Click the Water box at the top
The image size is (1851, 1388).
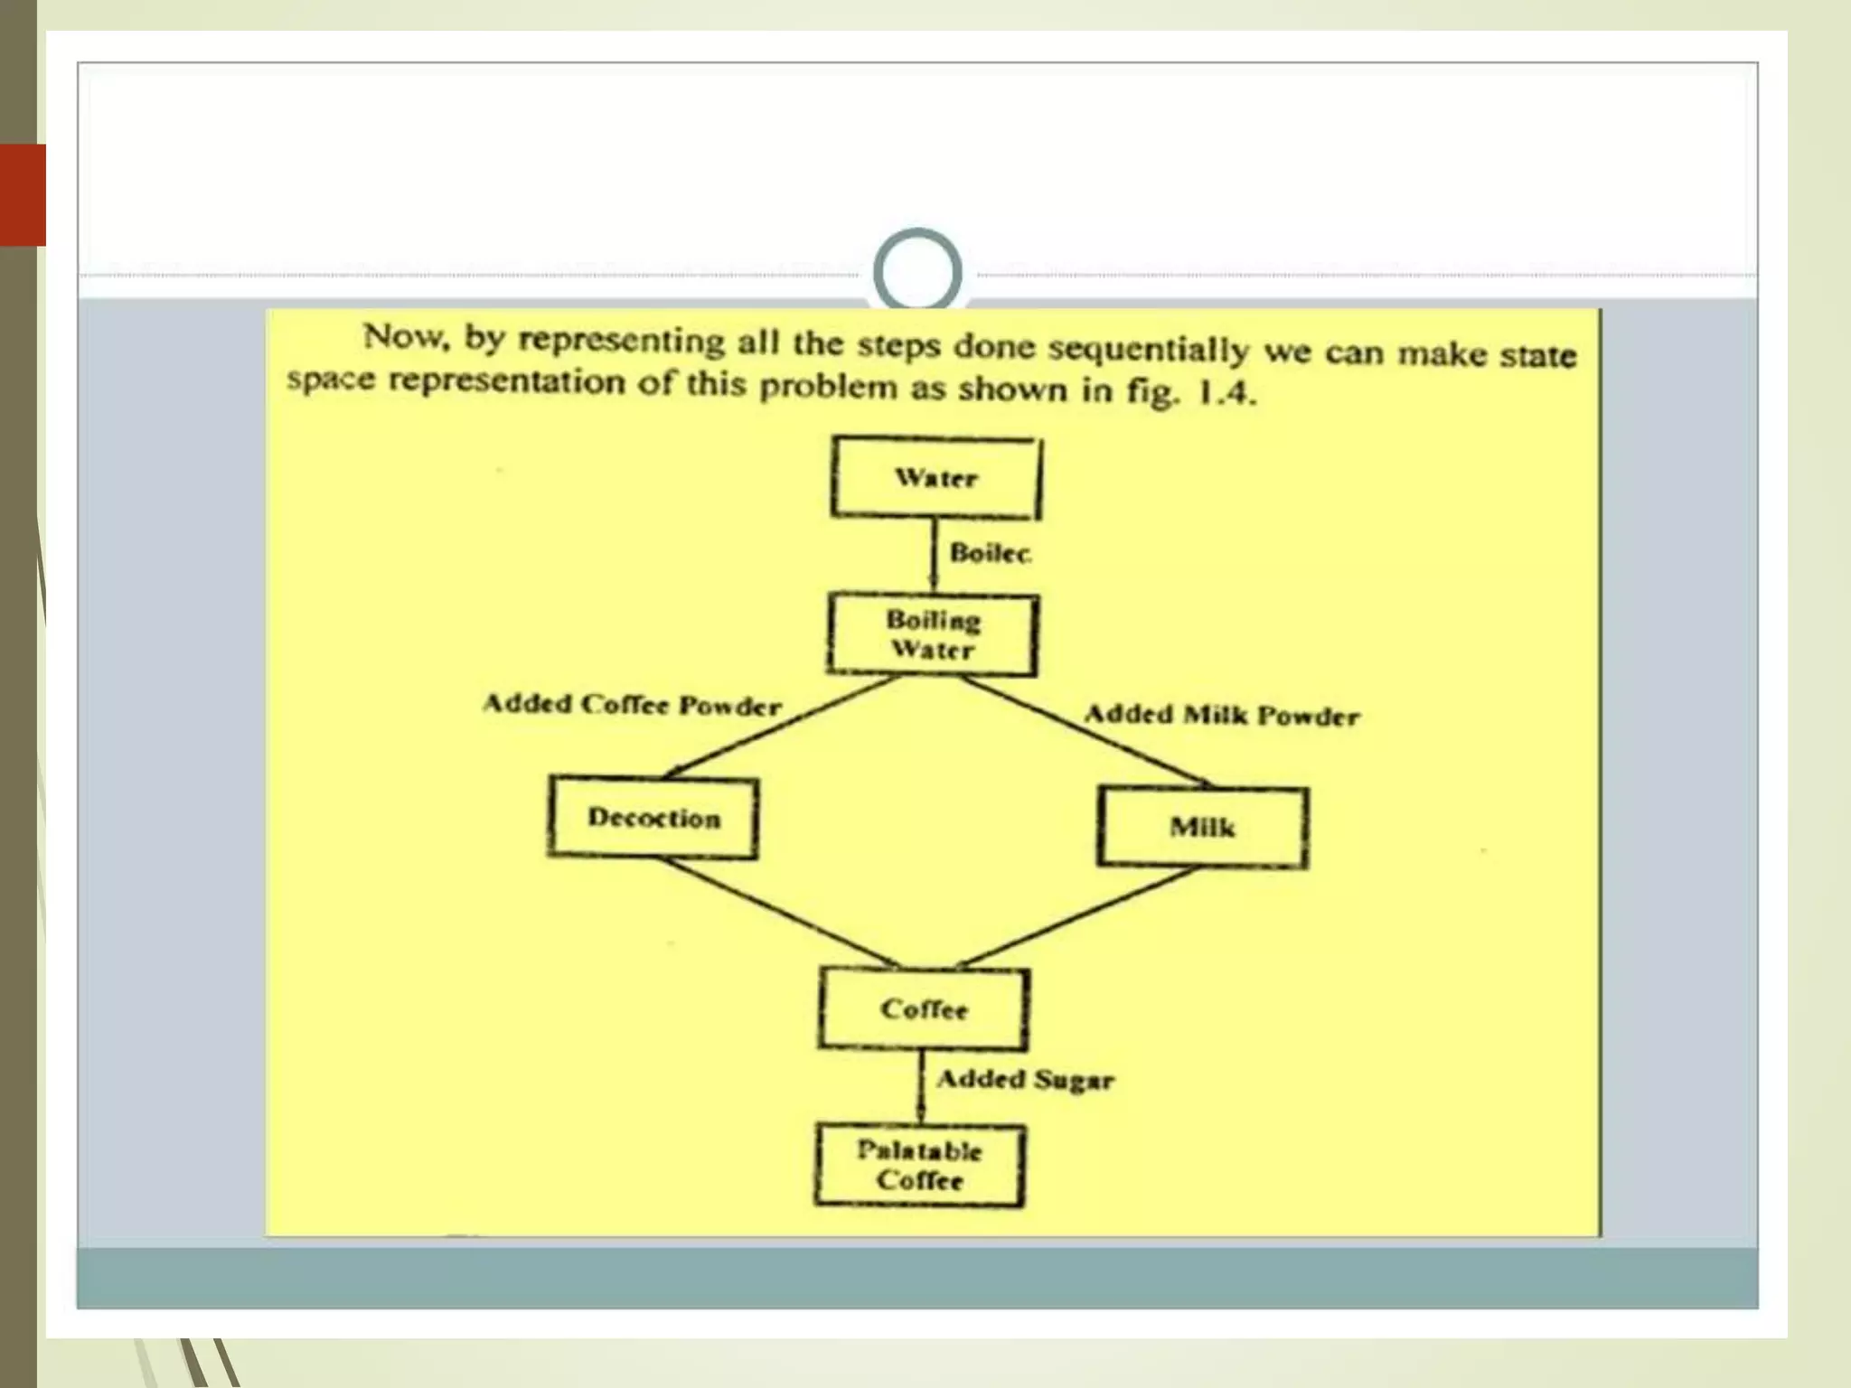click(935, 478)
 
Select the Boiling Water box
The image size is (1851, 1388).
click(932, 634)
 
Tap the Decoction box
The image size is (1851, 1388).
click(653, 818)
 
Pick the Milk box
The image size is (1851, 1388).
click(1202, 828)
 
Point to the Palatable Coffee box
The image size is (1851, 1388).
click(919, 1165)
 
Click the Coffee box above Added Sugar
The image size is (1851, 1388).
click(923, 1009)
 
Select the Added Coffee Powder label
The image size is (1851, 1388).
click(632, 705)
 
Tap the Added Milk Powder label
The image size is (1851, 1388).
click(1222, 716)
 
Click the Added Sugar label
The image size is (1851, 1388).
click(1025, 1079)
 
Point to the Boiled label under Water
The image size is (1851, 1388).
click(990, 553)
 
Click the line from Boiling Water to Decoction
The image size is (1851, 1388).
click(782, 727)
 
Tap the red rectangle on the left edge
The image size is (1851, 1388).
click(23, 194)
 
